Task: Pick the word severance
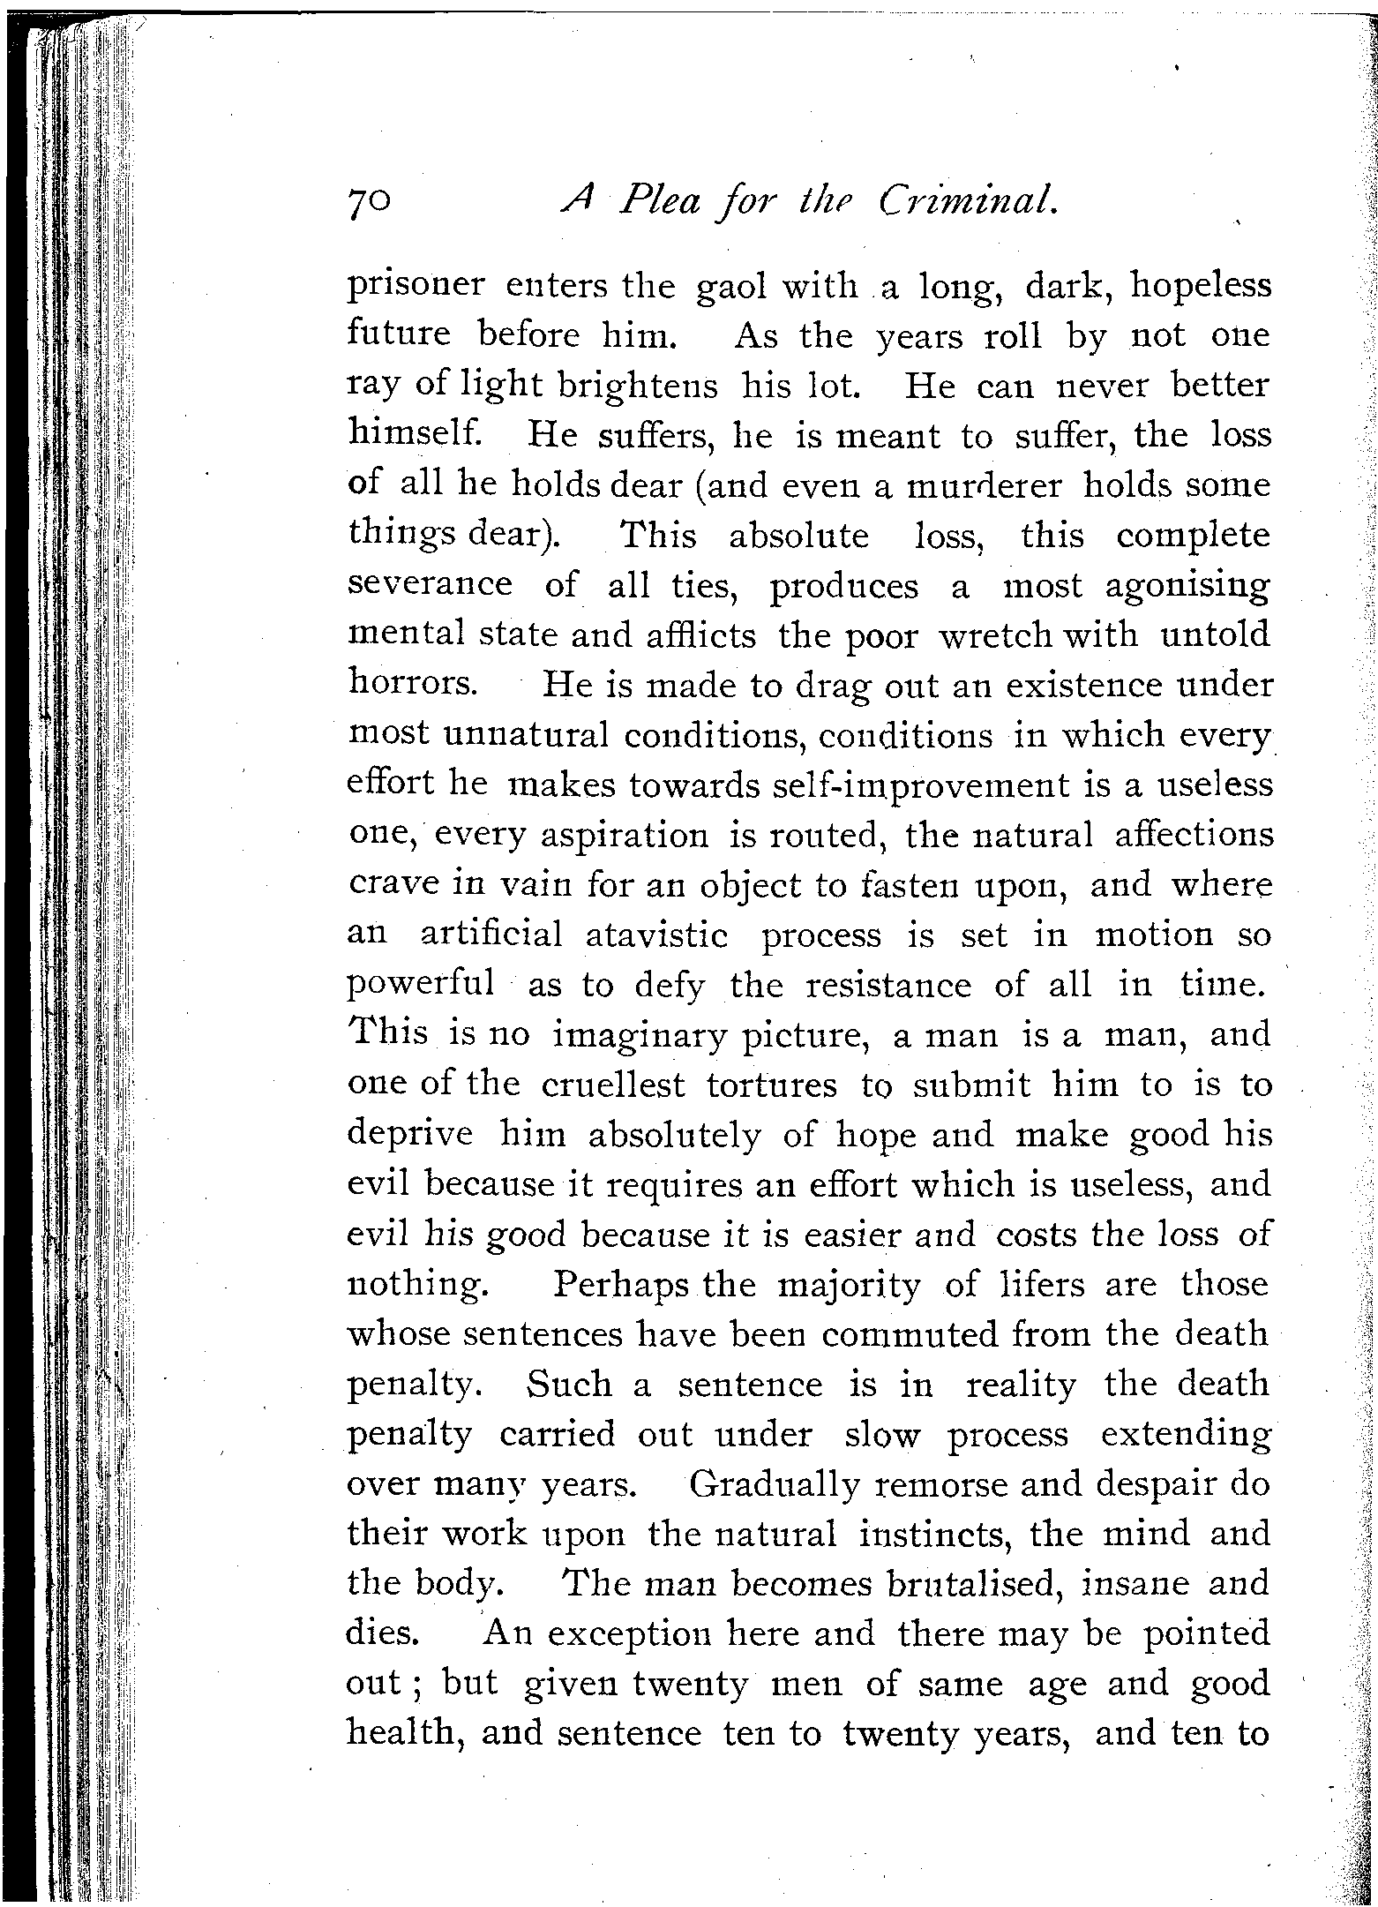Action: coord(431,585)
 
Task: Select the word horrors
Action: coord(413,685)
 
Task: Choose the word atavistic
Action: coord(657,935)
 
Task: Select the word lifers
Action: coord(1030,1284)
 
